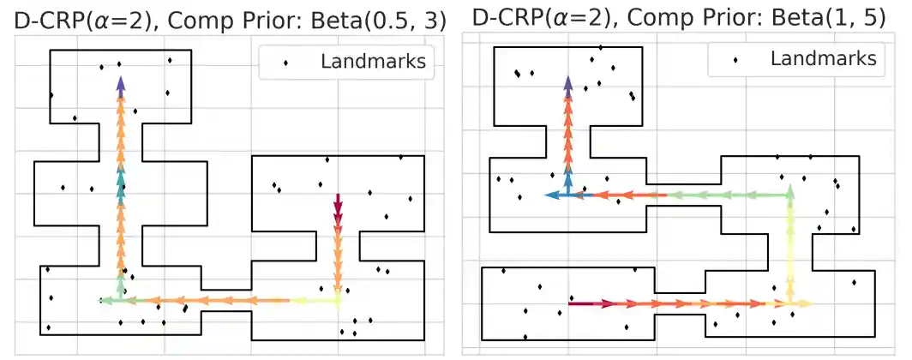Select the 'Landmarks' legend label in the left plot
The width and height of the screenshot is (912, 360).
click(373, 61)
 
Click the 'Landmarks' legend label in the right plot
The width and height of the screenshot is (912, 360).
click(823, 58)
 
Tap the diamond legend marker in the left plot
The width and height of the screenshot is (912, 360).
click(286, 62)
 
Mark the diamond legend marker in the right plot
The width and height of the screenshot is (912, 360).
click(735, 59)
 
